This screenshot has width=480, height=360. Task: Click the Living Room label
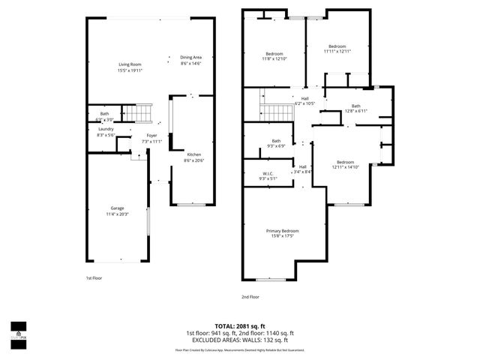click(130, 64)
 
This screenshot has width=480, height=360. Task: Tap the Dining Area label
click(190, 58)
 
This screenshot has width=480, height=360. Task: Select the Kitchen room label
click(195, 154)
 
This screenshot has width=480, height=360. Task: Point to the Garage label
click(118, 208)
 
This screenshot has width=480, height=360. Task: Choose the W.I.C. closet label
click(267, 174)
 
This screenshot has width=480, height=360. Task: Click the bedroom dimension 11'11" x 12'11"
click(337, 52)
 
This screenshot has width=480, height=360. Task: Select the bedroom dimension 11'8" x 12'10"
click(275, 58)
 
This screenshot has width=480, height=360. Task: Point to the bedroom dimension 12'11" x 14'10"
click(346, 167)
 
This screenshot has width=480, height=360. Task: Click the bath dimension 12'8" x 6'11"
click(355, 111)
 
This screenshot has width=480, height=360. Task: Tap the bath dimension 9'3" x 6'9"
click(276, 145)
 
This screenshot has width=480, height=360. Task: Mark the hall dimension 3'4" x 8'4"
click(303, 172)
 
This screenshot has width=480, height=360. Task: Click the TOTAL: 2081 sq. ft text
click(241, 327)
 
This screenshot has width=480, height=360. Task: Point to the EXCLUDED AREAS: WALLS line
click(241, 340)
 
